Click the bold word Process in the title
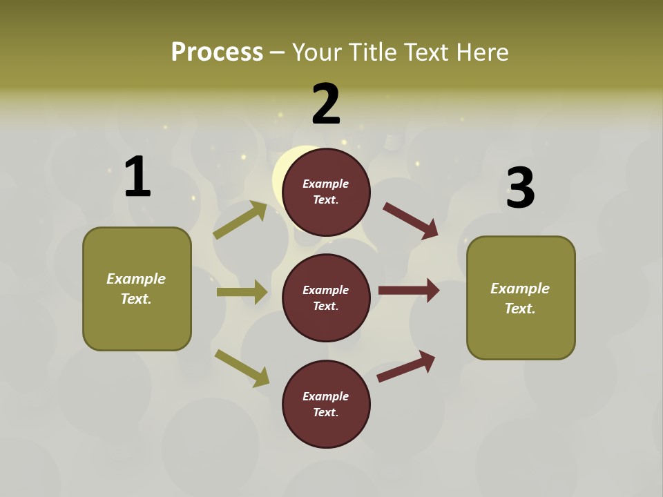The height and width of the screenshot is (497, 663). click(x=217, y=52)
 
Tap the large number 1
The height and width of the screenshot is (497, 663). click(x=137, y=177)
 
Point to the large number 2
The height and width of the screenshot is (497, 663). click(x=326, y=104)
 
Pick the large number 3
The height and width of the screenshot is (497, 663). click(x=520, y=188)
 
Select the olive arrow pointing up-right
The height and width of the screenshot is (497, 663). click(x=240, y=220)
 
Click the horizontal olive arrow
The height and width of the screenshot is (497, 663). click(x=242, y=292)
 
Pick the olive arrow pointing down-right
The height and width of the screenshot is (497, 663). click(x=242, y=368)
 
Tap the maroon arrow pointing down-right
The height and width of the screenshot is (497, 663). click(x=410, y=221)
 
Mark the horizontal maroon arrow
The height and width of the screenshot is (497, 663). click(x=408, y=291)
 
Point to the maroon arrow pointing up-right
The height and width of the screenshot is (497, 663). click(x=406, y=367)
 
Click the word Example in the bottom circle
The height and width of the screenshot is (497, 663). click(x=325, y=396)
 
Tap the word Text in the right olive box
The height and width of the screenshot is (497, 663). click(x=519, y=309)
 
